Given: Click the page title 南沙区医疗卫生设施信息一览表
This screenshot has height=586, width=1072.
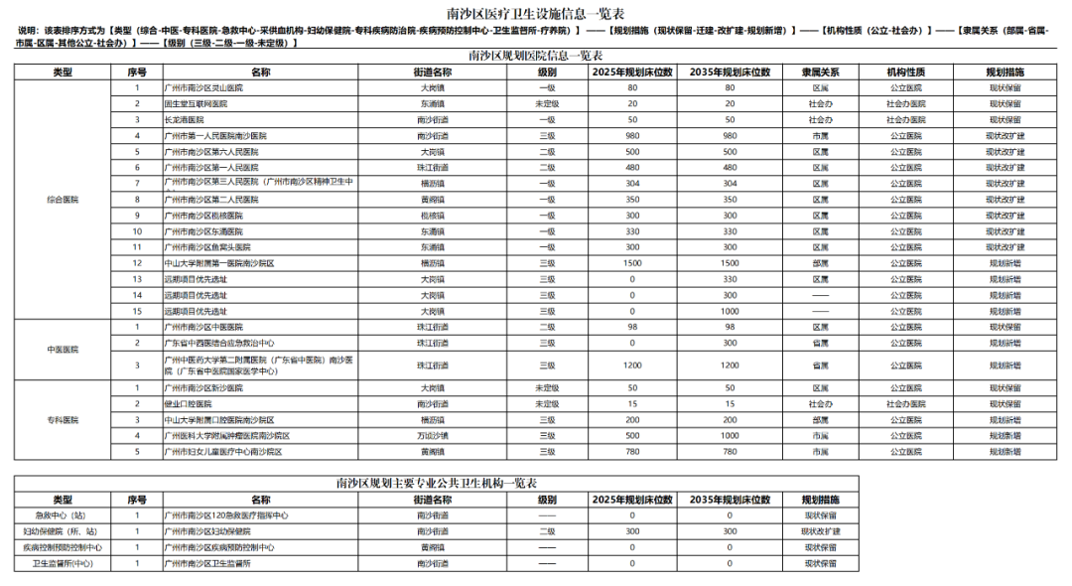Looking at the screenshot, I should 536,12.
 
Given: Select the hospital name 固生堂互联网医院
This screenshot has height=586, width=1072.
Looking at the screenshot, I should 196,103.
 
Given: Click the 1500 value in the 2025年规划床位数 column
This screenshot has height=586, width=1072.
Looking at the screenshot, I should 631,263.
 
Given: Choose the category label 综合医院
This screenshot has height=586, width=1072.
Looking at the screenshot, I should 63,200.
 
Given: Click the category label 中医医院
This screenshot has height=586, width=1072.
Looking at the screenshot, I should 63,350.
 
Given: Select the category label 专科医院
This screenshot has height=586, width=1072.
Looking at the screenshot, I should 63,420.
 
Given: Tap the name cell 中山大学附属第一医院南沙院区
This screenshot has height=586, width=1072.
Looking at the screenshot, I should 218,263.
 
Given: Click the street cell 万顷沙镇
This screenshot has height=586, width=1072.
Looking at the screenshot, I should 432,436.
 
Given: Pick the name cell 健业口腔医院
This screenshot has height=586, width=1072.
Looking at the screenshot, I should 188,404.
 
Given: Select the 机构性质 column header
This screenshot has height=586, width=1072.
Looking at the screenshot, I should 906,73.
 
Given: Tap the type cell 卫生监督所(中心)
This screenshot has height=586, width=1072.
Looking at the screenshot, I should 63,563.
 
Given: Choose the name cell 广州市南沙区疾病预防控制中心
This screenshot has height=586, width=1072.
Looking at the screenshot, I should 218,547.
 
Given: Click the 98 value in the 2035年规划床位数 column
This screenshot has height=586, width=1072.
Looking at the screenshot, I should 730,327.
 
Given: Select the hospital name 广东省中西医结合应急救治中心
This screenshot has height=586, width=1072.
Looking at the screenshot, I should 218,343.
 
